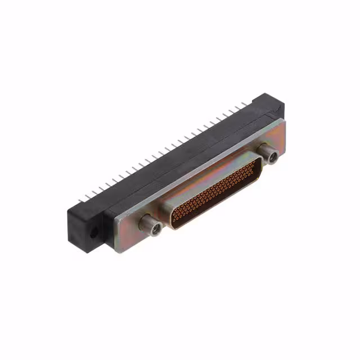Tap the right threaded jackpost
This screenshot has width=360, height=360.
point(269,154)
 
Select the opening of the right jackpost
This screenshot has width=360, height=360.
point(273,157)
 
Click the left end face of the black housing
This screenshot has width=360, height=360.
point(84,231)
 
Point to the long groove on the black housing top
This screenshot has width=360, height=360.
point(169,163)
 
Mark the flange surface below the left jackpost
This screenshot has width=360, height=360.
point(141,239)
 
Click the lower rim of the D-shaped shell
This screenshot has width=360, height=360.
point(219,205)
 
